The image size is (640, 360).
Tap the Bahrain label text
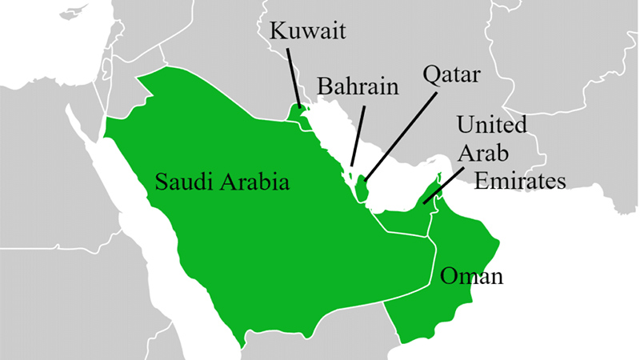point(357,86)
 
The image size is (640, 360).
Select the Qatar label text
point(450,78)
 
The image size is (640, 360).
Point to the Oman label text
point(471,277)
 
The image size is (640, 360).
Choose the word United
point(491,126)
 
